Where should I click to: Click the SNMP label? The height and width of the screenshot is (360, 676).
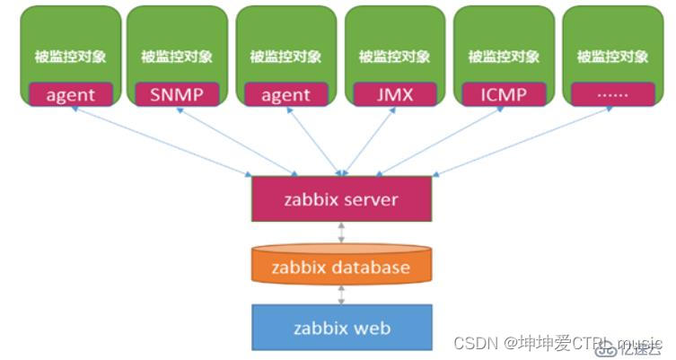(x=178, y=94)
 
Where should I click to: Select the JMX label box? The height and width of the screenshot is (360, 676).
(x=395, y=94)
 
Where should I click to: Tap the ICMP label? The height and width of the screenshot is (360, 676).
(x=504, y=94)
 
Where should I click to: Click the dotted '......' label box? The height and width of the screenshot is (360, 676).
(x=612, y=94)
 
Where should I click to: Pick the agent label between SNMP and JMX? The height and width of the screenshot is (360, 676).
(x=285, y=94)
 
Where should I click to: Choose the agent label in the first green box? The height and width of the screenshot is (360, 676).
(x=69, y=94)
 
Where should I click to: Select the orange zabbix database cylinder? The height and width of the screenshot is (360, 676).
(x=341, y=267)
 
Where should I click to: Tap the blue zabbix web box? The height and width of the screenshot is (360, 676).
(x=341, y=327)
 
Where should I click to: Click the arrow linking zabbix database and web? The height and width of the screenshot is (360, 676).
(x=341, y=294)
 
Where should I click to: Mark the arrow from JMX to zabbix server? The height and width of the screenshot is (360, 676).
(x=368, y=139)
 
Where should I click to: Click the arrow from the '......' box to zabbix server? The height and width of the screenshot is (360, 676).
(x=530, y=139)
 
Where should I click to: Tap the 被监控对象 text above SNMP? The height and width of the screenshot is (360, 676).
(x=178, y=57)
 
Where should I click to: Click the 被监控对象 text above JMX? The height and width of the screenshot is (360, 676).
(x=395, y=57)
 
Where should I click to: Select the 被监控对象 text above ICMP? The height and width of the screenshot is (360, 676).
(x=504, y=57)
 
